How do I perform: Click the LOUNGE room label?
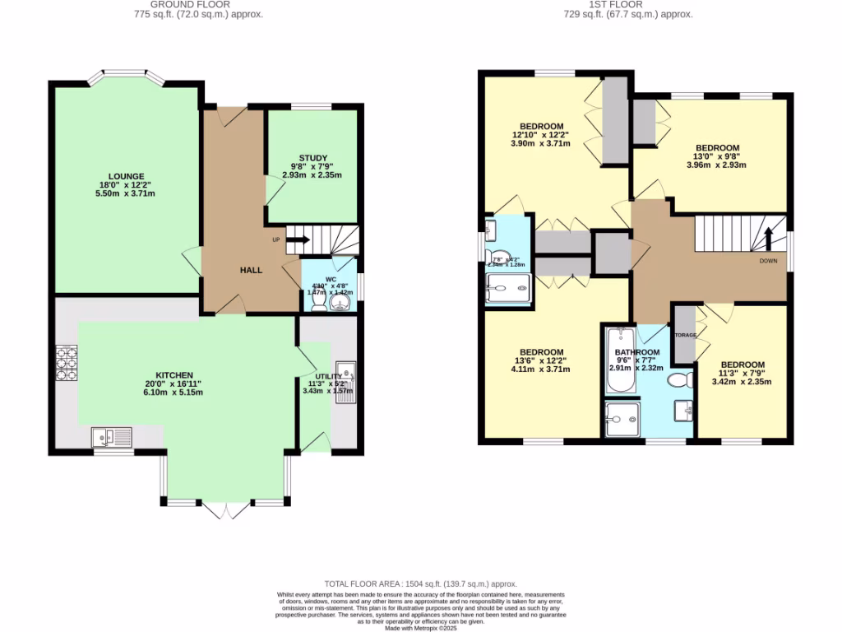126,176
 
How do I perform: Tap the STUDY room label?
313,158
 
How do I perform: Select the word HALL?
251,270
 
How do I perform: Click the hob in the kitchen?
67,361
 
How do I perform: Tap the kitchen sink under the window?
111,435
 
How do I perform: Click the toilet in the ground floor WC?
340,304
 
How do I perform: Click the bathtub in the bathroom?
618,362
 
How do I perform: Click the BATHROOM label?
637,352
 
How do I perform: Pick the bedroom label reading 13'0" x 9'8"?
719,150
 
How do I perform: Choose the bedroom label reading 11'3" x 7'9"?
743,365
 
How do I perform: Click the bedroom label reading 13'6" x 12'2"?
541,352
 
